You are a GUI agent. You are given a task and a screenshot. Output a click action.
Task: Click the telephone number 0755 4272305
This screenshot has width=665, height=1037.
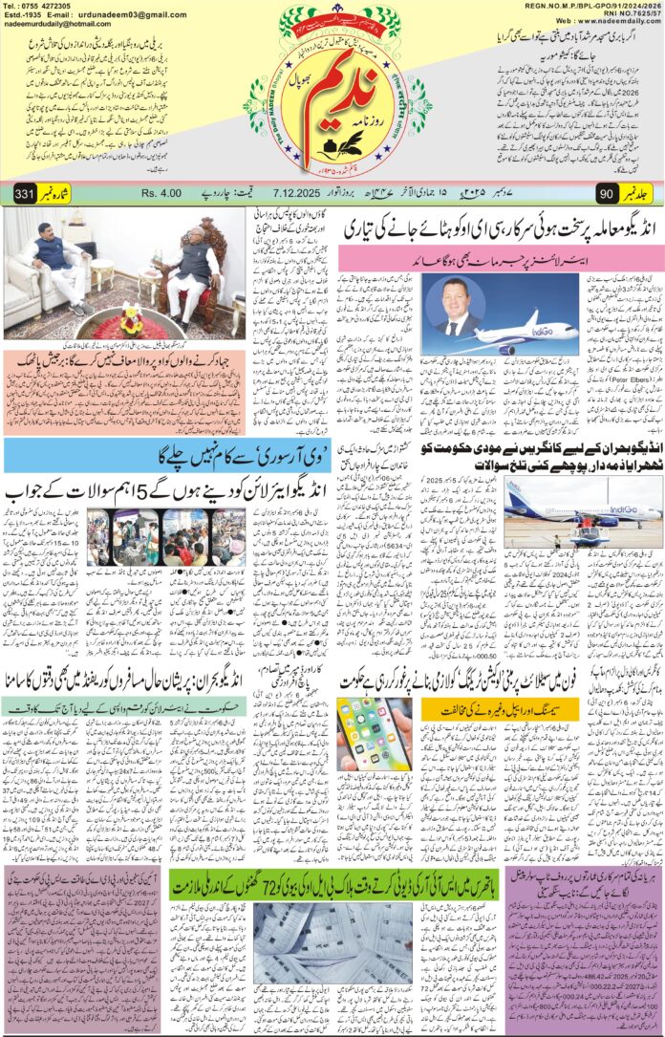point(49,6)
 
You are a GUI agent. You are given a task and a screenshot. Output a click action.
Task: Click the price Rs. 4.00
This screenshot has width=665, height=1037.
point(161,192)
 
